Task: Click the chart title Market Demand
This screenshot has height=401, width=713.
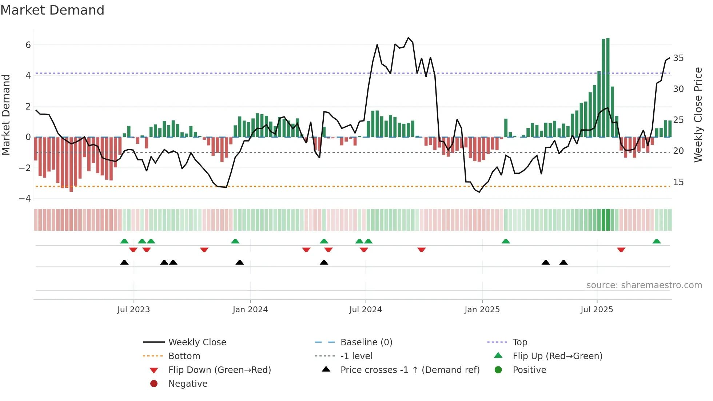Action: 52,10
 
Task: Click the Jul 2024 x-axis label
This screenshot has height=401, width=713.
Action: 366,310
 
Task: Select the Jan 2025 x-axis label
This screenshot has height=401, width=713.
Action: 482,310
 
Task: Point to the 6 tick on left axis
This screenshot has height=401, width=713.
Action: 28,45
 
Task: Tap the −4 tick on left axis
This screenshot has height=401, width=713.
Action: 25,199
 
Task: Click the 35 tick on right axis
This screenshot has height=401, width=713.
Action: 678,58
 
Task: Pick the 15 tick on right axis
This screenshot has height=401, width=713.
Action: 678,182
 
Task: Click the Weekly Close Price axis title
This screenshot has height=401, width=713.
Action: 698,115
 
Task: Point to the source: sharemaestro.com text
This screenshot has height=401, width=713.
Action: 644,285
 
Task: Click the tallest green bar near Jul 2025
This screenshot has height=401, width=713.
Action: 608,87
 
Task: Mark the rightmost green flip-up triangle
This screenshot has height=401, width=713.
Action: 657,241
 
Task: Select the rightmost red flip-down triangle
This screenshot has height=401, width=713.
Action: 621,250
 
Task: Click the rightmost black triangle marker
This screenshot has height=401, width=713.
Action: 563,262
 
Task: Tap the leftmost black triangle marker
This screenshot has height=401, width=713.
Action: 124,262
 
